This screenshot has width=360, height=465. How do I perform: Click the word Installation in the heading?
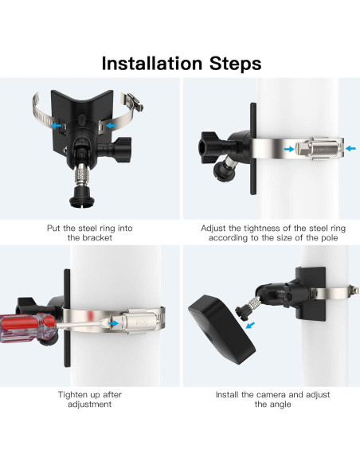[151, 63]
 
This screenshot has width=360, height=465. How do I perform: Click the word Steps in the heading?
[236, 63]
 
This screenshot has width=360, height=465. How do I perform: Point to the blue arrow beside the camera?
[251, 326]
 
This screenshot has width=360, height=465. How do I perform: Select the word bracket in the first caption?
[97, 238]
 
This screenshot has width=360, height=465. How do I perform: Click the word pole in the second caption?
[330, 238]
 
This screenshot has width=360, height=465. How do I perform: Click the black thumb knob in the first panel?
[122, 149]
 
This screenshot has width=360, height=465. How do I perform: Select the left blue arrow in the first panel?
[56, 126]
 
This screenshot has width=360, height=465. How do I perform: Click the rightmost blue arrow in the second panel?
[350, 148]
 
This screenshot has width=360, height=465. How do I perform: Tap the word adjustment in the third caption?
[89, 404]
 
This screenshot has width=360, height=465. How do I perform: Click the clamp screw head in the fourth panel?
[353, 291]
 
